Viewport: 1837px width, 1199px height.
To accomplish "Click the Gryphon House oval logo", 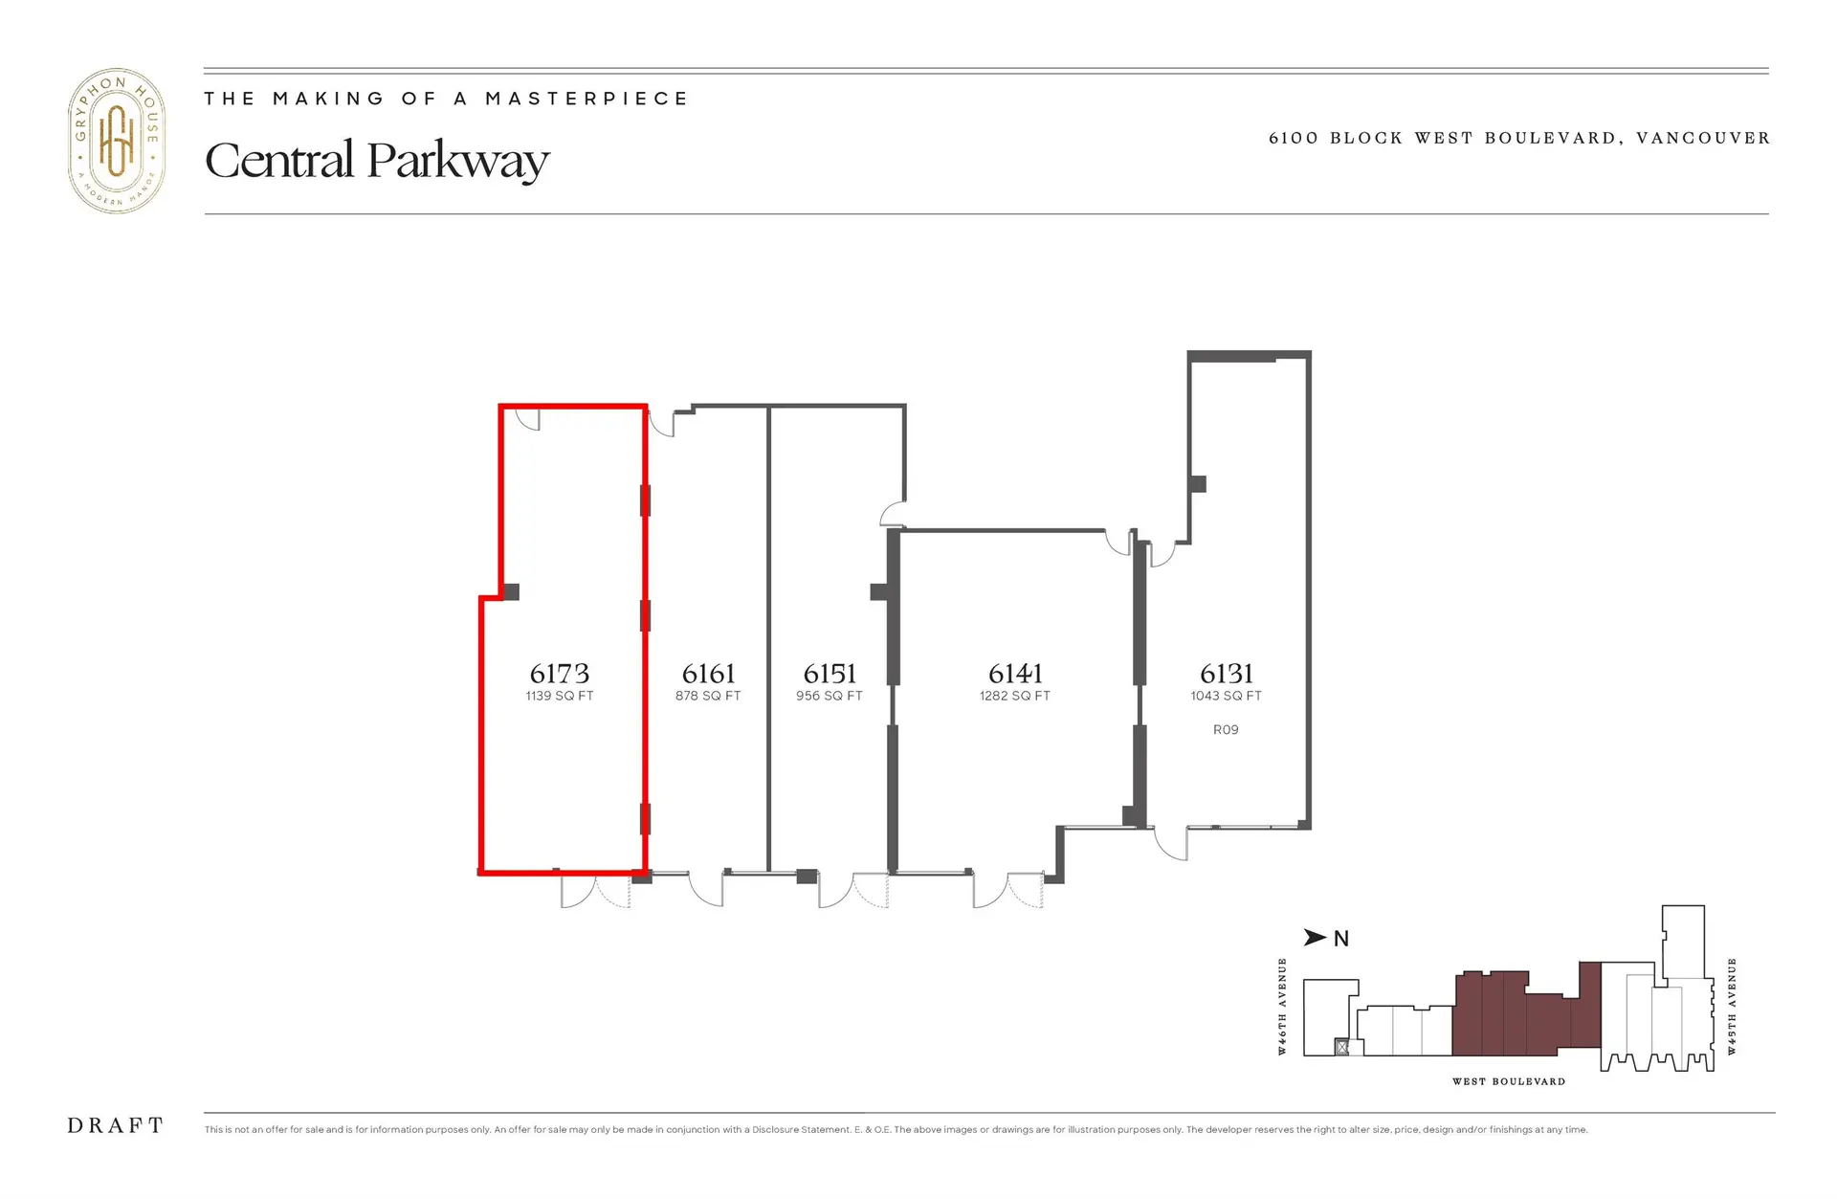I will coord(117,141).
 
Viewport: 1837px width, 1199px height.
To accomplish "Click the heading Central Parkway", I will coord(377,160).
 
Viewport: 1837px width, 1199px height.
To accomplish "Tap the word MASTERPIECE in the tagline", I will coord(587,99).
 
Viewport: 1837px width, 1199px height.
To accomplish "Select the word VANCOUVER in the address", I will coord(1703,138).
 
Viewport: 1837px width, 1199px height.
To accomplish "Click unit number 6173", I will coord(560,674).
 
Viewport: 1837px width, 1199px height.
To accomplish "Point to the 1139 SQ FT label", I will coord(560,696).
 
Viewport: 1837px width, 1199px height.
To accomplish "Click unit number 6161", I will coord(708,674).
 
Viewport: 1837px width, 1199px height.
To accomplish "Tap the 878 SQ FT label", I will coord(708,696).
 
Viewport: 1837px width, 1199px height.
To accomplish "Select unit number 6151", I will coord(830,674).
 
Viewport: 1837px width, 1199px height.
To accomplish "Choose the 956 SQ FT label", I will coord(830,696).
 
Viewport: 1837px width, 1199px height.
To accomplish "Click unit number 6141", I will coord(1015,674).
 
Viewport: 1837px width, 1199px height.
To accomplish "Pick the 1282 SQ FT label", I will coord(1015,696).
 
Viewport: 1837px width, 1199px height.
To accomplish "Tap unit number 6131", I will coord(1226,674).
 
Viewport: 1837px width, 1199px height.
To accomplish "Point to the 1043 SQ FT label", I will coord(1226,696).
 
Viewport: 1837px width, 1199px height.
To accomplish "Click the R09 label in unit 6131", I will coord(1226,729).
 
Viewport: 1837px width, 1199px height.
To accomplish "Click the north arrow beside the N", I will coord(1316,938).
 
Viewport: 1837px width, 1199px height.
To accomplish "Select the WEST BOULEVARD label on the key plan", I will coord(1509,1081).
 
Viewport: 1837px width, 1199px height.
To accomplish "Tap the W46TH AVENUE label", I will coord(1282,1007).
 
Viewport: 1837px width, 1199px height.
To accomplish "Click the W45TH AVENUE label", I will coord(1732,1007).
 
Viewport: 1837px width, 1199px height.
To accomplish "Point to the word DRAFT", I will coord(116,1126).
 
